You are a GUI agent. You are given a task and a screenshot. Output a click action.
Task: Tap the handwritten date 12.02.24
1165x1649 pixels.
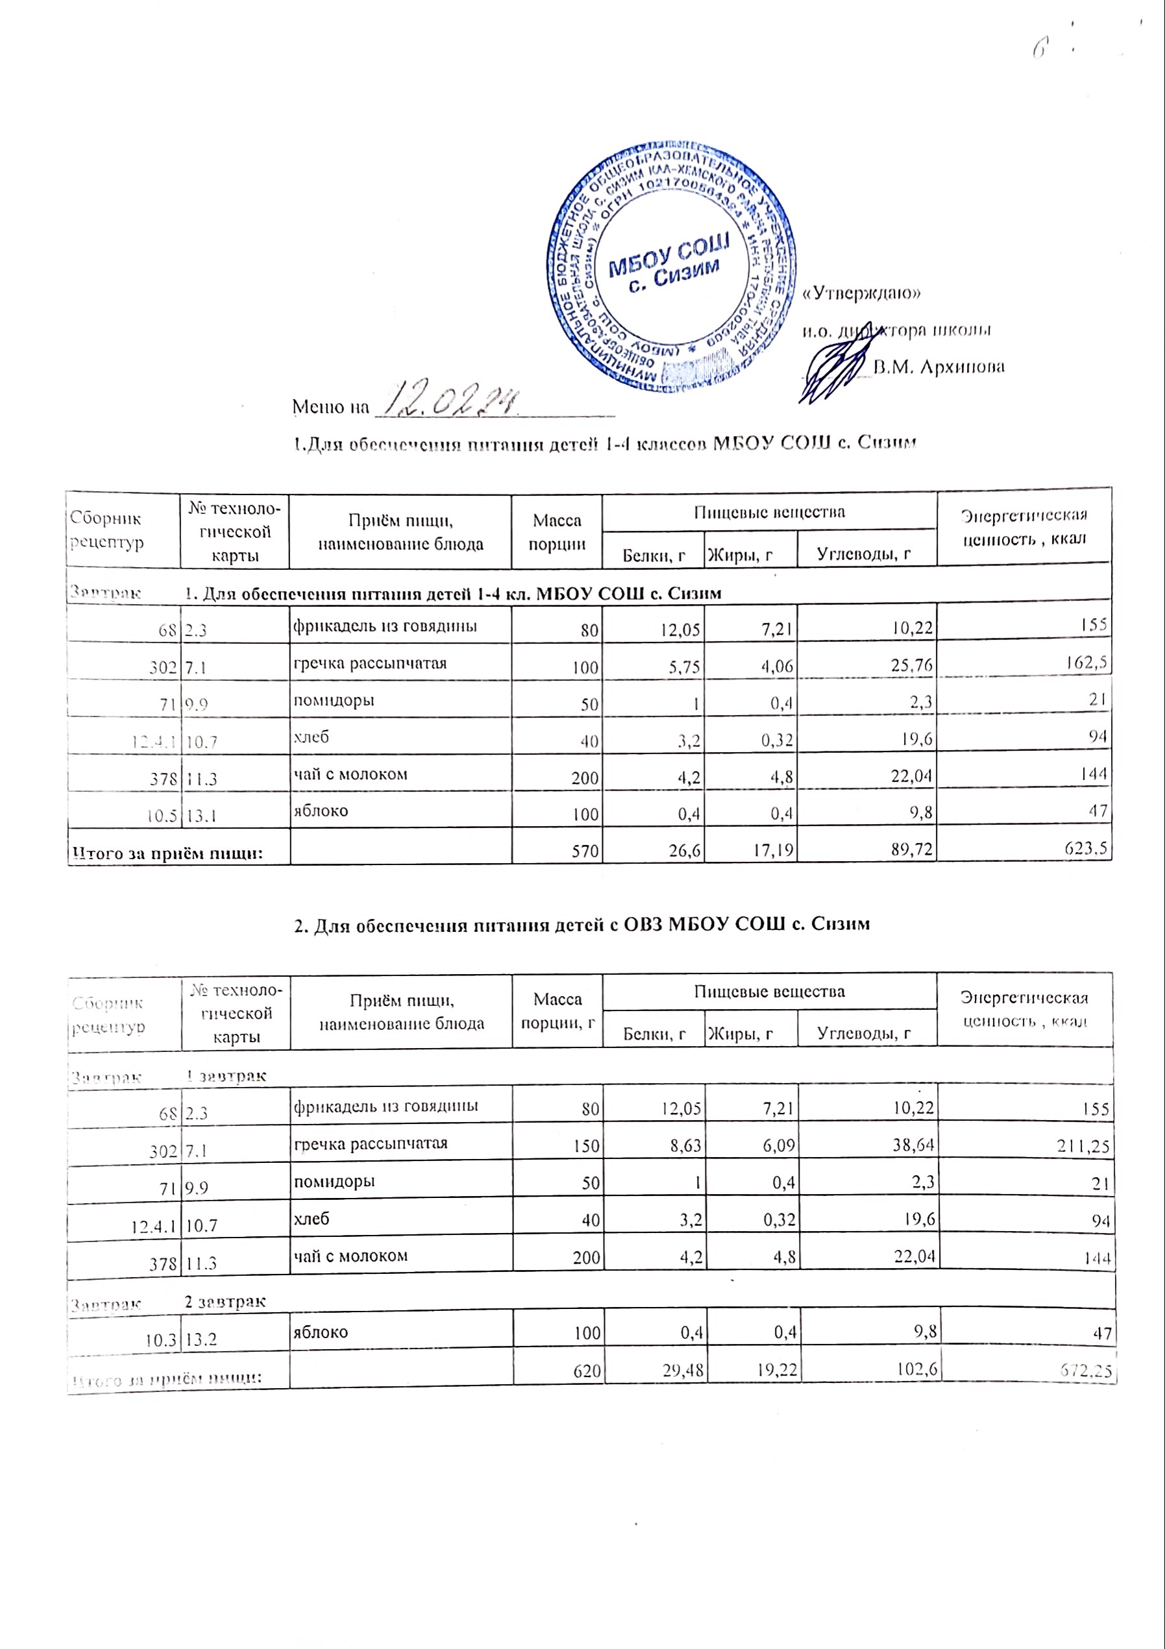pos(448,402)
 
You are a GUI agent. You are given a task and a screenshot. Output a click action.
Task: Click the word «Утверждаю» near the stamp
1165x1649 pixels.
pos(861,293)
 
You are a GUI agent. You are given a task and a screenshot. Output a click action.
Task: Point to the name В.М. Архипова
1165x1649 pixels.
pos(938,367)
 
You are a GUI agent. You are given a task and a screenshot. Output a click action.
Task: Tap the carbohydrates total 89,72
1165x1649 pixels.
pos(911,850)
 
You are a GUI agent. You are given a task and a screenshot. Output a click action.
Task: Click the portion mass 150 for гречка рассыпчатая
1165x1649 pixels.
pos(586,1145)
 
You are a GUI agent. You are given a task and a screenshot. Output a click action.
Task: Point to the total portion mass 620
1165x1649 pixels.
pos(587,1371)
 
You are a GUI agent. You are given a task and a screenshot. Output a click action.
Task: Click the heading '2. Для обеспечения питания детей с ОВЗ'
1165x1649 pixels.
pos(582,924)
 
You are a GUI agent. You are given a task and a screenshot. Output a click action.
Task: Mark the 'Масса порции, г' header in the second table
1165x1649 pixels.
pos(558,1010)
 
